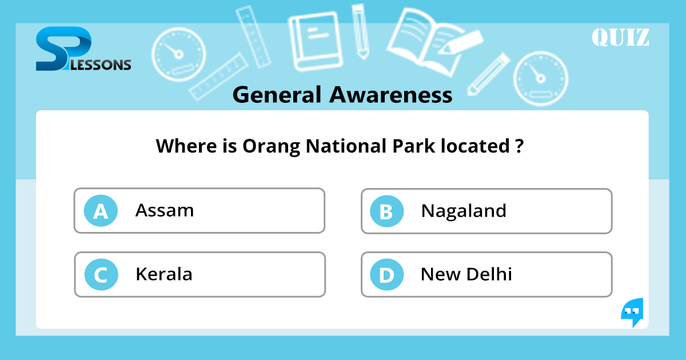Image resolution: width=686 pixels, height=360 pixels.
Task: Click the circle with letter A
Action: (101, 211)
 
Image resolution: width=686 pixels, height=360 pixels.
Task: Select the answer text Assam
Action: (165, 210)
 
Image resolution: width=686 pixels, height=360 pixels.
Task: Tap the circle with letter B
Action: (386, 211)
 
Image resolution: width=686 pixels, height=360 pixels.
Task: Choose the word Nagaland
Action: (464, 211)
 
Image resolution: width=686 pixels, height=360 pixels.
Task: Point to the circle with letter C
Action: (101, 275)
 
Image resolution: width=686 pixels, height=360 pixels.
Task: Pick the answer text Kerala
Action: (164, 274)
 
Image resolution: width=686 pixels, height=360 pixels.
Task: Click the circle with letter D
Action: (386, 275)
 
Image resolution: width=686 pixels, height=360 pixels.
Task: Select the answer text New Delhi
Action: (466, 274)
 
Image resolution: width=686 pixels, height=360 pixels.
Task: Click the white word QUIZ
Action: (620, 38)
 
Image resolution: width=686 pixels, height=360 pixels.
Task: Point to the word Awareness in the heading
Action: (391, 95)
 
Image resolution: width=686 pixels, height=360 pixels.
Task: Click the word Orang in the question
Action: (271, 146)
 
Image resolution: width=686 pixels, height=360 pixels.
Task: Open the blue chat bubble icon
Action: (632, 312)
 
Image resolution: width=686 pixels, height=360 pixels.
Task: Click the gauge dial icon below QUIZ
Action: (540, 79)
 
